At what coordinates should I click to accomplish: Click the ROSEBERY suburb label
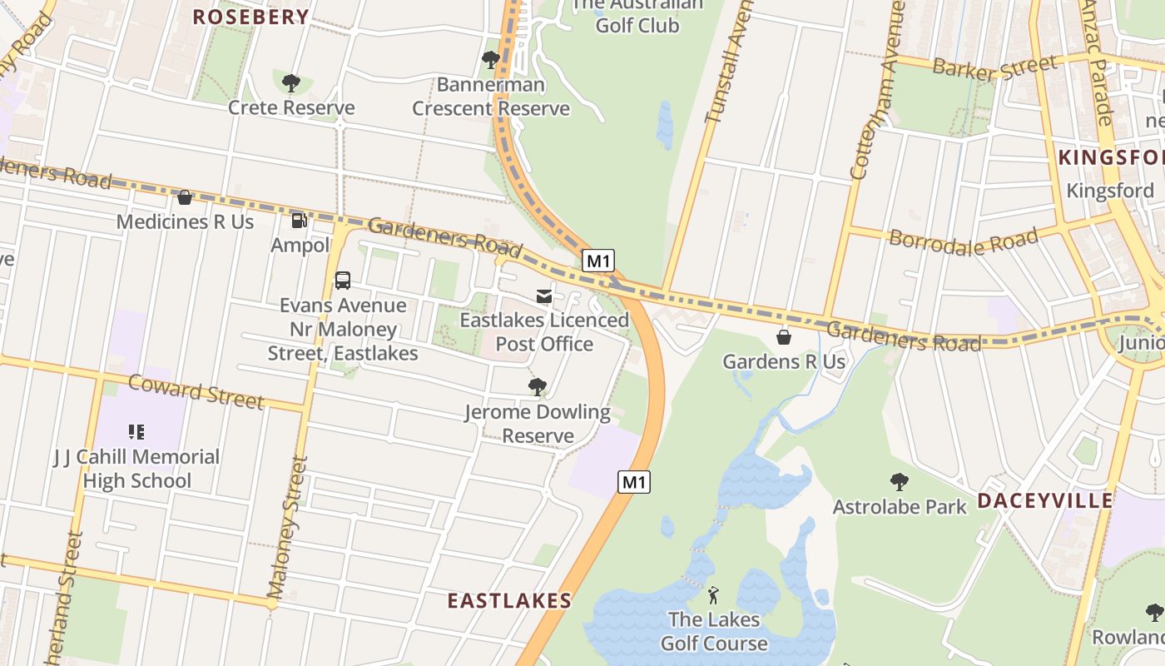point(250,17)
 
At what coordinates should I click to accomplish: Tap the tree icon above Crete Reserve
point(290,82)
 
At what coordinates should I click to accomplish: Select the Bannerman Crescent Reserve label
point(491,97)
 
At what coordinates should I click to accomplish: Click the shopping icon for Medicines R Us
point(185,197)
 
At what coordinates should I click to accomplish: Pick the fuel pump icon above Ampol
point(299,221)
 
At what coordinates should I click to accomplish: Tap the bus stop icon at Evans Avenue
point(342,281)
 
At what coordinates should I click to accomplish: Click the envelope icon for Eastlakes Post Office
point(544,296)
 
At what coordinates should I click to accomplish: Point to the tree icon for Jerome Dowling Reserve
point(538,387)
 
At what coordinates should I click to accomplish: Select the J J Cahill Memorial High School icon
point(136,432)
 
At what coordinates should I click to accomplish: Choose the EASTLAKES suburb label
point(509,600)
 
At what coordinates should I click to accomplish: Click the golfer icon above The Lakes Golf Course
point(713,595)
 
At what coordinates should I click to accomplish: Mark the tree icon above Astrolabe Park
point(899,481)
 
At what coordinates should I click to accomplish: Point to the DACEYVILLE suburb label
point(1044,500)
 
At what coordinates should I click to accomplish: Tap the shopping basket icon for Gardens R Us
point(783,337)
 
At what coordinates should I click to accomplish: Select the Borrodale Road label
point(964,241)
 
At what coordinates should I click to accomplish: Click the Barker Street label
point(994,67)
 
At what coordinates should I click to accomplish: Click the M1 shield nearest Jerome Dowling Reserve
point(633,481)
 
